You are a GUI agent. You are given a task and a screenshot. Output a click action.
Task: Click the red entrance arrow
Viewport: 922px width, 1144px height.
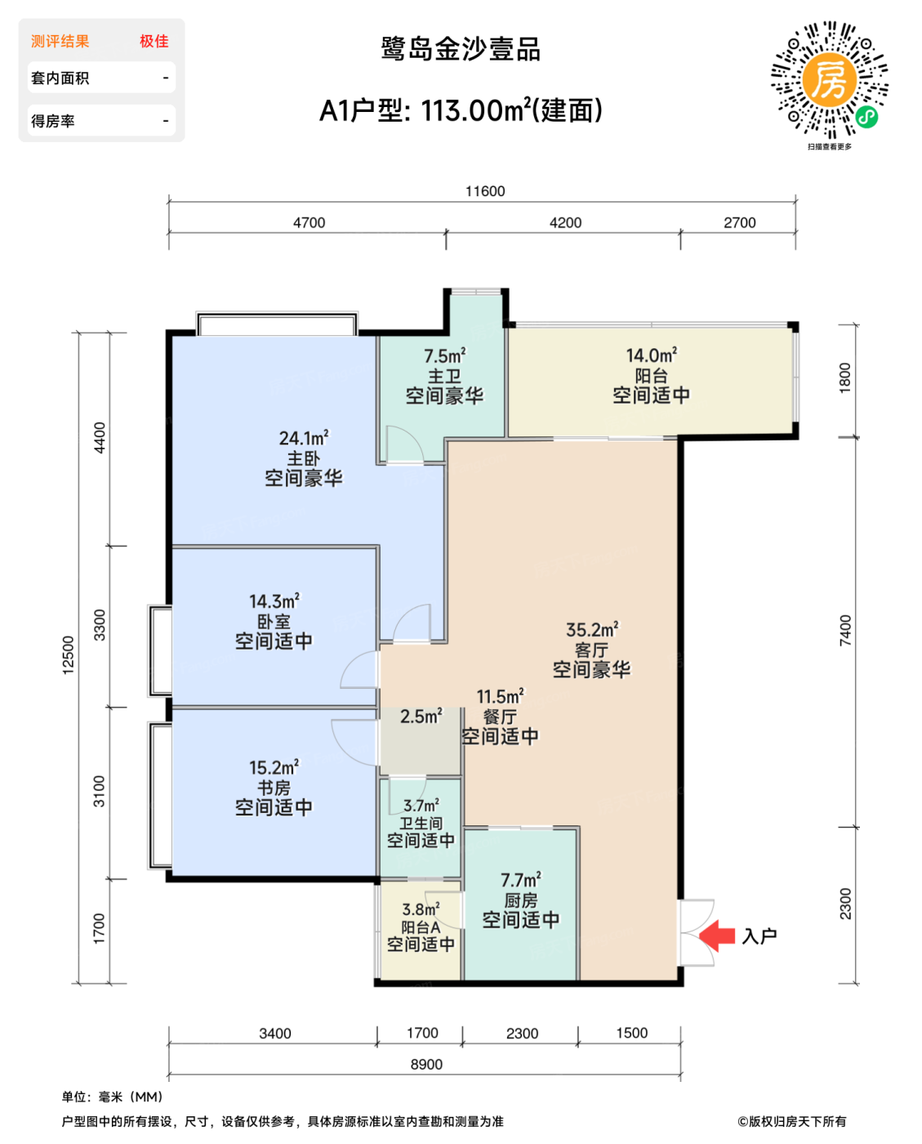[716, 936]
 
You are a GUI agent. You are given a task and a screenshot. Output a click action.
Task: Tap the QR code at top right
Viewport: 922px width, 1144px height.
[830, 80]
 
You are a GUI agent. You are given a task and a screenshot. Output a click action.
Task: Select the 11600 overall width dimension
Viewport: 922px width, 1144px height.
[485, 191]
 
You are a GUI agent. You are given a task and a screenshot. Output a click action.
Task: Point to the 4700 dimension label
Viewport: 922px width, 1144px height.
[309, 223]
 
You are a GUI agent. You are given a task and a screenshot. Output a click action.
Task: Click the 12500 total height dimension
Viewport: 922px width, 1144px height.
[68, 655]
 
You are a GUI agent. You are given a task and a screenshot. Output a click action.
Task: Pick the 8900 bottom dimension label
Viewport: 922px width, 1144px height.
[426, 1064]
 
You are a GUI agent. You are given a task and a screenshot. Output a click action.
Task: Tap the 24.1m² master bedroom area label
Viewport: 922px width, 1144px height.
[304, 438]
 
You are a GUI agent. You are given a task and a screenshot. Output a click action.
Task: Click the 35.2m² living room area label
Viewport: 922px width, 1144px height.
[592, 629]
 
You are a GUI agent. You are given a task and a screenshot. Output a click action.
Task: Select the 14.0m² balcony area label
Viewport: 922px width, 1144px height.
[651, 355]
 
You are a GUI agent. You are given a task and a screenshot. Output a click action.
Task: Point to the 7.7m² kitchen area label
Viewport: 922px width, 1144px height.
[521, 880]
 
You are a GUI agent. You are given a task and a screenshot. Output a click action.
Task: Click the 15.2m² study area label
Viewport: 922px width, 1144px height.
[274, 767]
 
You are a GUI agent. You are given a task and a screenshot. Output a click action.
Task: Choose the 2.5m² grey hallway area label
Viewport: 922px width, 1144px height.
[421, 716]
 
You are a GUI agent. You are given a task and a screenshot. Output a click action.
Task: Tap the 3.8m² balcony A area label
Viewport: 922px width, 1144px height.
[421, 909]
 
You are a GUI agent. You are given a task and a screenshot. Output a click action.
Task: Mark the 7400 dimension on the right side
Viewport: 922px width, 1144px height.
[845, 631]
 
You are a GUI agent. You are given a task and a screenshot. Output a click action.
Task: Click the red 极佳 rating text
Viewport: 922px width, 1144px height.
[154, 42]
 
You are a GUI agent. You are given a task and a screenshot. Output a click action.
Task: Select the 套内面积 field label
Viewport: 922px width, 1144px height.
[60, 78]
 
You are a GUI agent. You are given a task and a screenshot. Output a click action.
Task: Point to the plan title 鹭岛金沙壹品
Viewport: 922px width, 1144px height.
[461, 50]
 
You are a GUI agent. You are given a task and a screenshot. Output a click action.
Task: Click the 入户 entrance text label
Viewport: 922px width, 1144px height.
[759, 936]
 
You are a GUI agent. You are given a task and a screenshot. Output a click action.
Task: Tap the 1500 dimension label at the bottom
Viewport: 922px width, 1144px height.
[632, 1033]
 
